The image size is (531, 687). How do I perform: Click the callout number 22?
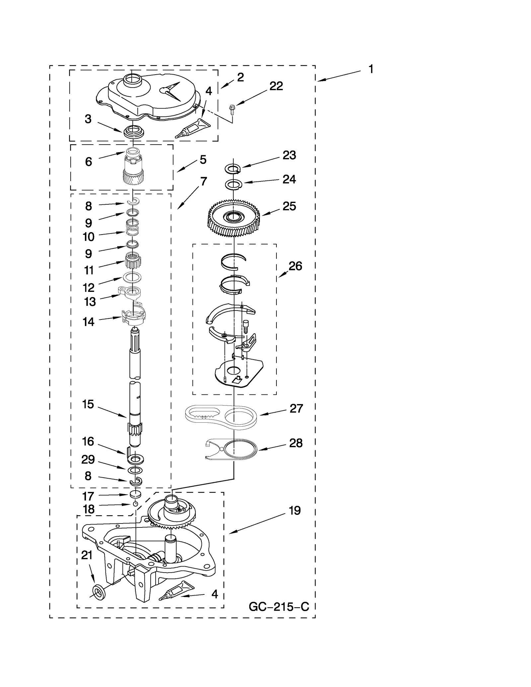point(276,86)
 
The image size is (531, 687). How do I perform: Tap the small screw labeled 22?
point(232,108)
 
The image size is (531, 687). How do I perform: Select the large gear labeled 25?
point(234,218)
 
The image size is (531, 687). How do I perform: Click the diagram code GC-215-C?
point(279,607)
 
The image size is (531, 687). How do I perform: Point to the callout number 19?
point(294,511)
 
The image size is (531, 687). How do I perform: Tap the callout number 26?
point(295,266)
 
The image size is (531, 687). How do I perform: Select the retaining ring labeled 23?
point(234,169)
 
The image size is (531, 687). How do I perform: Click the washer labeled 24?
point(234,184)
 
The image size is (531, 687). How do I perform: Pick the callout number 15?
point(88,404)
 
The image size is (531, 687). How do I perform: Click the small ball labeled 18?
point(135,504)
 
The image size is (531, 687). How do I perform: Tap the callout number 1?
point(371,69)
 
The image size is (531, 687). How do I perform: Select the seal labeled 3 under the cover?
point(134,132)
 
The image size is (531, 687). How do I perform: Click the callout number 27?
point(296,408)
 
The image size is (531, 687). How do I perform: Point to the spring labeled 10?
point(132,228)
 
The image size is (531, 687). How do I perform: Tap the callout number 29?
point(88,459)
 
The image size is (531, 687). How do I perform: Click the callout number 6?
point(88,162)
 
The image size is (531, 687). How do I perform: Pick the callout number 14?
point(88,322)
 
